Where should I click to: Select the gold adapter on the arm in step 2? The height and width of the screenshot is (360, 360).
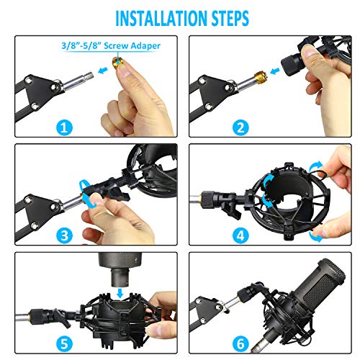tap(256, 74)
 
